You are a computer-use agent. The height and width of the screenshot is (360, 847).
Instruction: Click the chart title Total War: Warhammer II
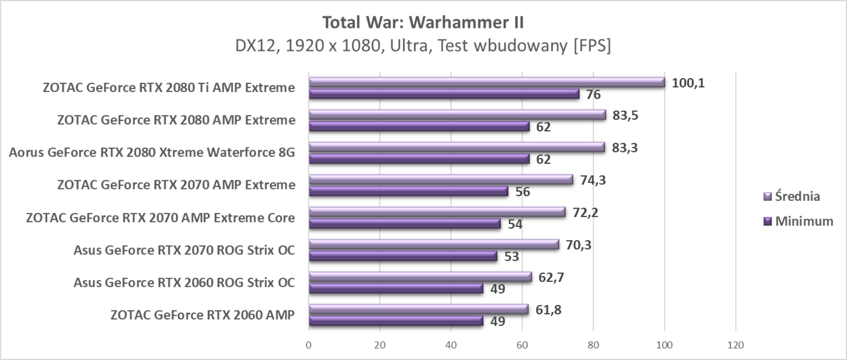pos(423,22)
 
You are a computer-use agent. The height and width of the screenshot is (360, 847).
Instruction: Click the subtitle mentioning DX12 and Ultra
pos(423,46)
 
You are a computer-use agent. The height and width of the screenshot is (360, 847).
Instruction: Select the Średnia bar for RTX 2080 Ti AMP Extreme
pos(486,82)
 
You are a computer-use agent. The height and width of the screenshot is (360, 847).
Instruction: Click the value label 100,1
pos(688,82)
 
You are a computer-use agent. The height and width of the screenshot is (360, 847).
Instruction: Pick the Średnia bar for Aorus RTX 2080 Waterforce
pos(456,147)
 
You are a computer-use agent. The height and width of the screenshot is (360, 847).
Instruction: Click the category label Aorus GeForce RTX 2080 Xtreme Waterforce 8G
pos(152,152)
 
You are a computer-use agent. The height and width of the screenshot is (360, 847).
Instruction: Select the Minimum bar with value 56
pos(408,191)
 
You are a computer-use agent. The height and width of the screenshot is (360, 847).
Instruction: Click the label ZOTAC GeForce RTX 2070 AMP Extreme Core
pos(160,218)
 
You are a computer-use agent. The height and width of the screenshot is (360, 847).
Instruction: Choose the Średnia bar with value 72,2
pos(437,212)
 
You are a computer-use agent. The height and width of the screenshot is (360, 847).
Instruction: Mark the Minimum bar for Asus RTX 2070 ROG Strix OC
pos(402,256)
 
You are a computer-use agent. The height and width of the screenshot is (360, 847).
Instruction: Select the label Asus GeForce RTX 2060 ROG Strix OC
pos(184,283)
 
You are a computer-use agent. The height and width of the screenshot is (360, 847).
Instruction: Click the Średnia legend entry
pos(792,196)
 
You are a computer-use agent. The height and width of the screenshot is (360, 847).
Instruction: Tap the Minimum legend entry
pos(798,221)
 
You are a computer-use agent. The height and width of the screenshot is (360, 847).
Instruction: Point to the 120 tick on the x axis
pos(735,345)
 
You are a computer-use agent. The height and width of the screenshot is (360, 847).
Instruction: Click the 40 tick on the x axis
pos(451,345)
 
